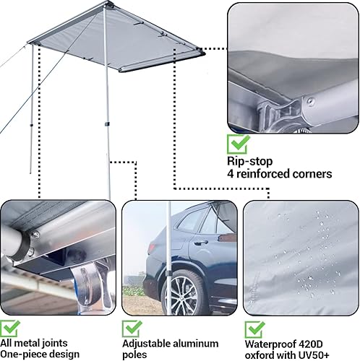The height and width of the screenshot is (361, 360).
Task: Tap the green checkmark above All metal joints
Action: click(x=10, y=329)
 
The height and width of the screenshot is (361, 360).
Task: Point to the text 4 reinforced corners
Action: click(x=279, y=174)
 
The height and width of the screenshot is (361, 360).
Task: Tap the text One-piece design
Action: click(x=40, y=355)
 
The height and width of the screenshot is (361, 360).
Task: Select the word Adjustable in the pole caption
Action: click(x=147, y=344)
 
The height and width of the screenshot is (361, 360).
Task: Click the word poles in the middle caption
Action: click(x=135, y=355)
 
